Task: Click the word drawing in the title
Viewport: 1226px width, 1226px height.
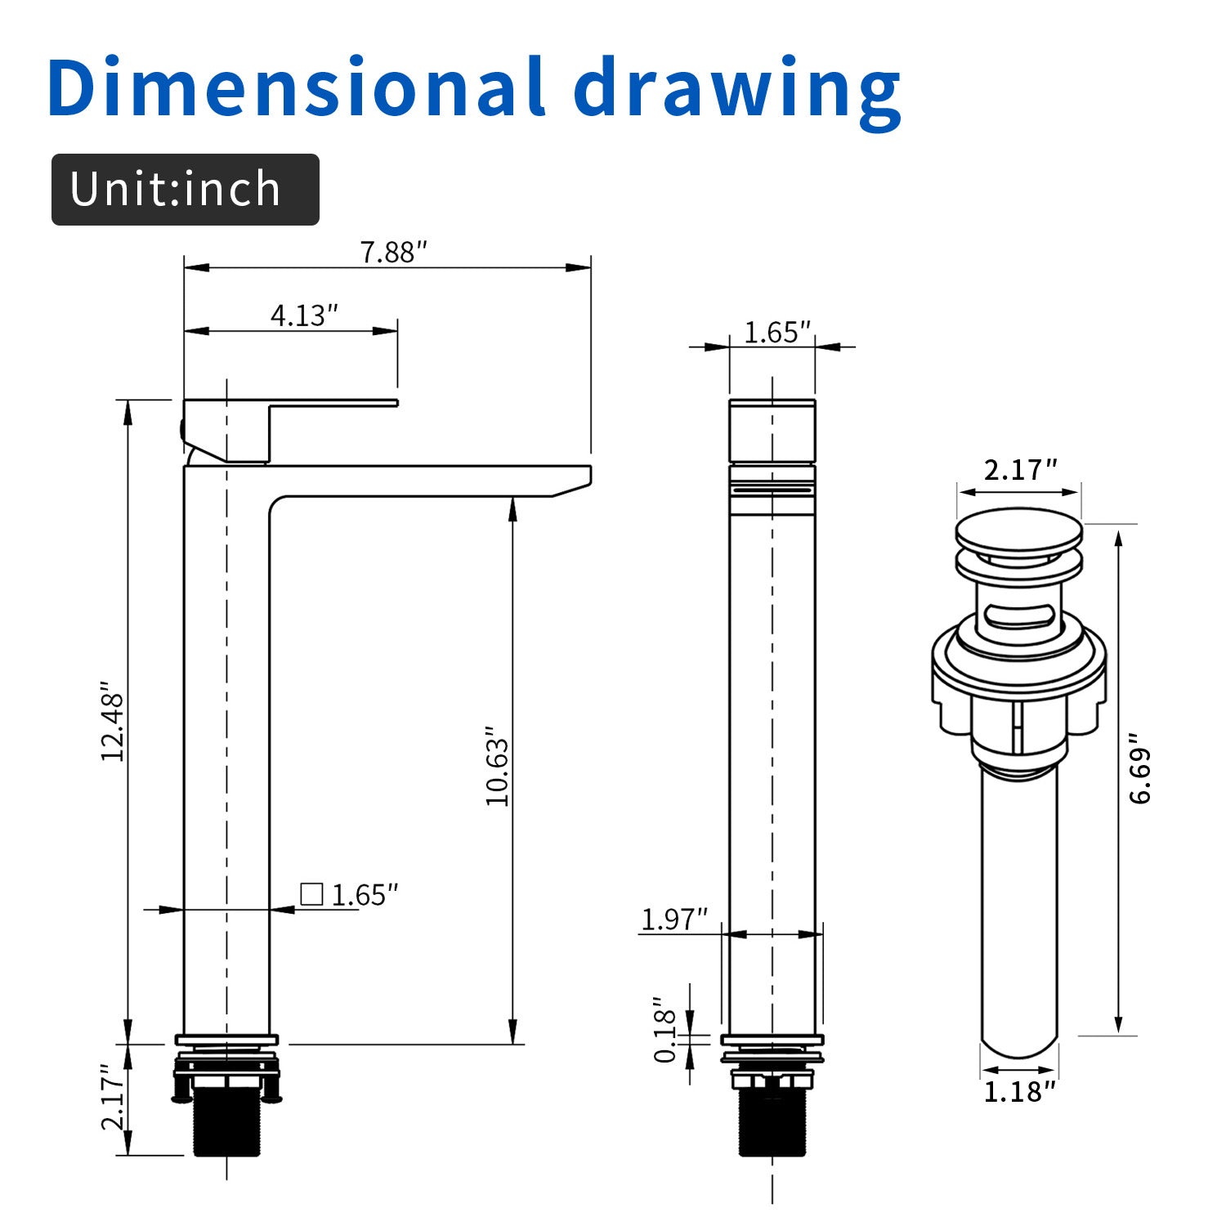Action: [738, 92]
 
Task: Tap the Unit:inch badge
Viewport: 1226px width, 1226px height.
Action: [186, 190]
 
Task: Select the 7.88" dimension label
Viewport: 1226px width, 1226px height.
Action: [394, 252]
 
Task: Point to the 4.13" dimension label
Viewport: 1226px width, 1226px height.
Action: [304, 315]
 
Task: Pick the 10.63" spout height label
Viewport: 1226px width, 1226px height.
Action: [497, 766]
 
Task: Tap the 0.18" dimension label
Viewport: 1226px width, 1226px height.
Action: [666, 1030]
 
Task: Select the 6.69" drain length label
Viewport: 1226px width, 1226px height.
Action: [1140, 775]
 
